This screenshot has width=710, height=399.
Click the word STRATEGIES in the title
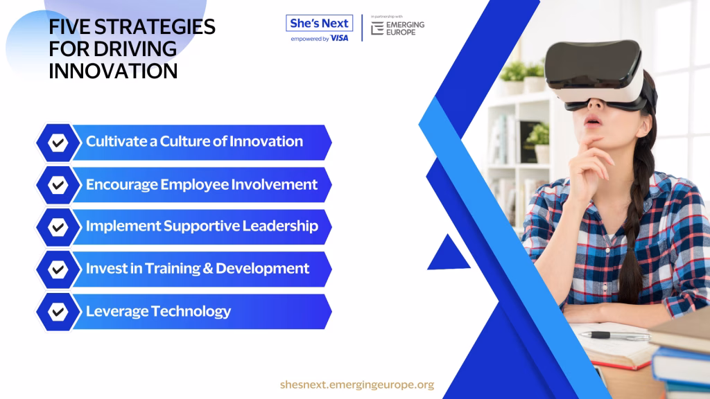point(155,27)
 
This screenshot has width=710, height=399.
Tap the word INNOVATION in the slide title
point(113,71)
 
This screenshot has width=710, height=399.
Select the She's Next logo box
point(319,23)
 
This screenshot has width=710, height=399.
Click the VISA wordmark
point(339,39)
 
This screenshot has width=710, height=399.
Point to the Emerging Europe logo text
point(405,28)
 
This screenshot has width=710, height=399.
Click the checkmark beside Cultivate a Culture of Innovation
point(58,143)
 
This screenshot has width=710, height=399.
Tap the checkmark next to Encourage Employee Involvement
point(58,184)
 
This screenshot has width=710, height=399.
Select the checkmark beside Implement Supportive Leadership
point(58,227)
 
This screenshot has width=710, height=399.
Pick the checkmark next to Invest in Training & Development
point(58,269)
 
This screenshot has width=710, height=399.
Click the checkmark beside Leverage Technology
point(58,312)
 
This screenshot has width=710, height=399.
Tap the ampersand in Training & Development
point(208,269)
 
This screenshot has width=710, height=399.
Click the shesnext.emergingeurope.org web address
point(357,384)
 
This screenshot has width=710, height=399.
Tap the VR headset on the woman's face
point(597,75)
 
